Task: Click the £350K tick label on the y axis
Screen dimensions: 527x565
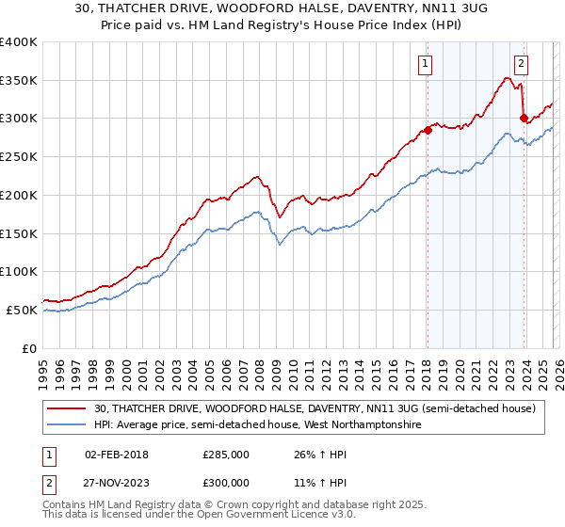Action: pos(19,81)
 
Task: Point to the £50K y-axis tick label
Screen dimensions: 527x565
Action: pos(22,310)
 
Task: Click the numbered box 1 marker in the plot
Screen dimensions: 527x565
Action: pos(426,64)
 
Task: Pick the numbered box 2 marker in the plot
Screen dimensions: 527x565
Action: pos(521,64)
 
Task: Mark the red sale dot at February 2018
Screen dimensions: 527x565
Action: pos(427,130)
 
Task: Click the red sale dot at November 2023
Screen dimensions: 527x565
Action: pos(524,119)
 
